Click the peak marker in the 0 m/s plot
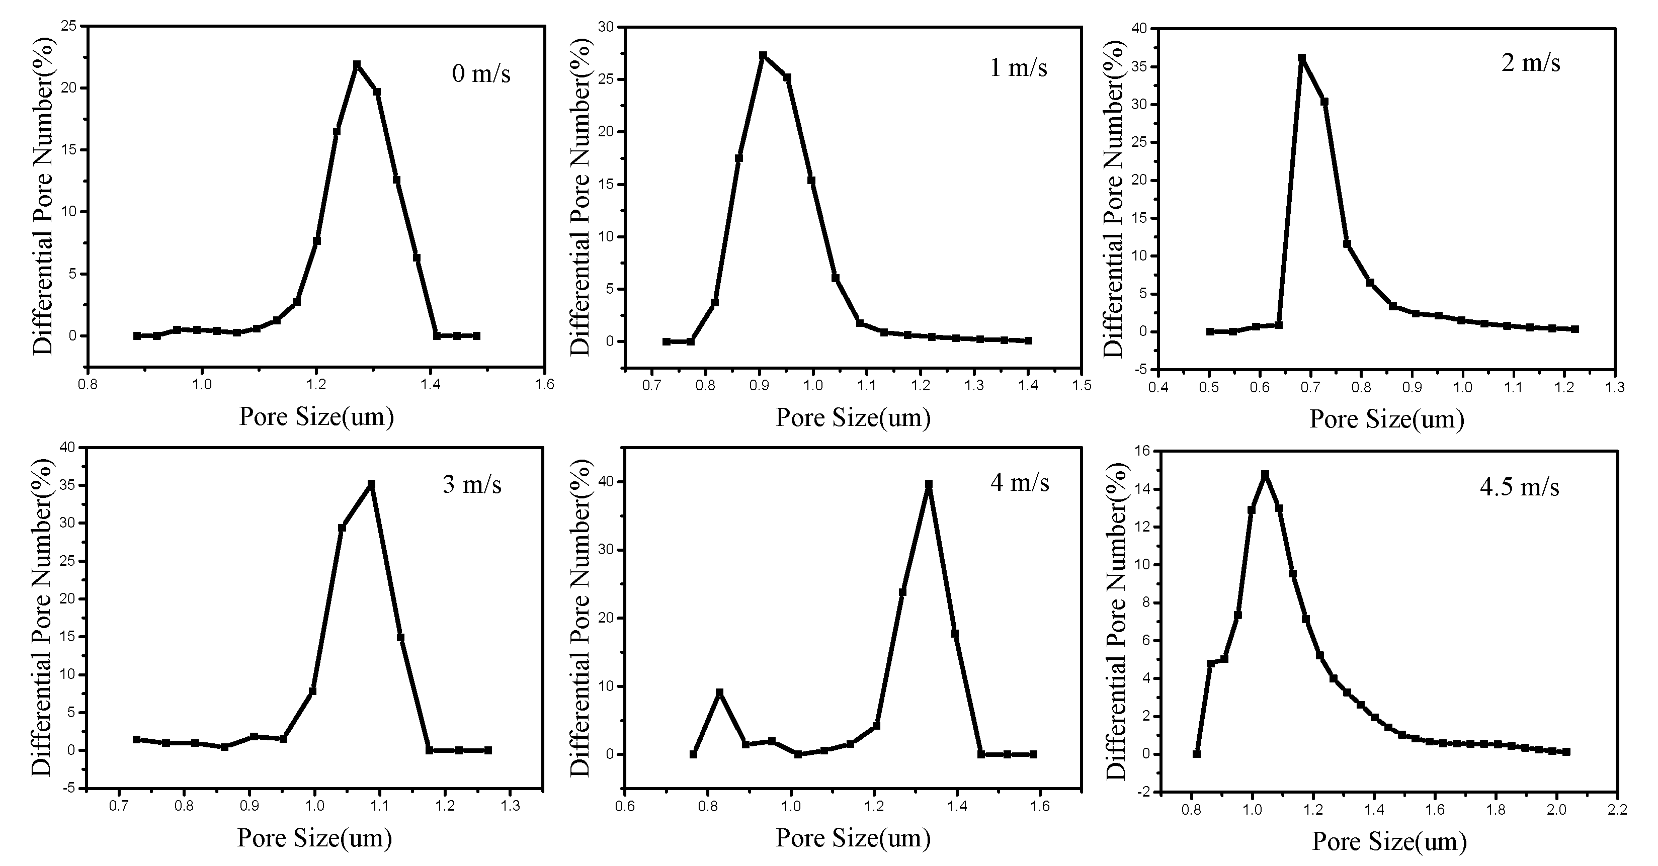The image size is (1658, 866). [x=357, y=64]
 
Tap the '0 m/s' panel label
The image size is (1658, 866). [x=481, y=73]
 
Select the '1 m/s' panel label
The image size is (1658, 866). [x=1018, y=67]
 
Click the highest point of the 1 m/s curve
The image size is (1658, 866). [x=763, y=55]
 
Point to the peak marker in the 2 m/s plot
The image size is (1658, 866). [x=1301, y=58]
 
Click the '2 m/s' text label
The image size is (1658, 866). [x=1531, y=62]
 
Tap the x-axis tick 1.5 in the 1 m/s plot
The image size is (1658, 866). [x=1082, y=385]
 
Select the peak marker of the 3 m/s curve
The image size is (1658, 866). [x=371, y=484]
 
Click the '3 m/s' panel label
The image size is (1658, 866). [x=472, y=484]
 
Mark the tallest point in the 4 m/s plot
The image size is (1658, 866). [x=928, y=484]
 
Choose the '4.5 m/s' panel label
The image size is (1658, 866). [x=1519, y=487]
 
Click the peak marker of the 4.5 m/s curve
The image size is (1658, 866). [x=1265, y=474]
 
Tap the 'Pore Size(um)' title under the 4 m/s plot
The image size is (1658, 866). [x=853, y=838]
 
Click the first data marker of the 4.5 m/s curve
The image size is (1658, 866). [x=1197, y=753]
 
